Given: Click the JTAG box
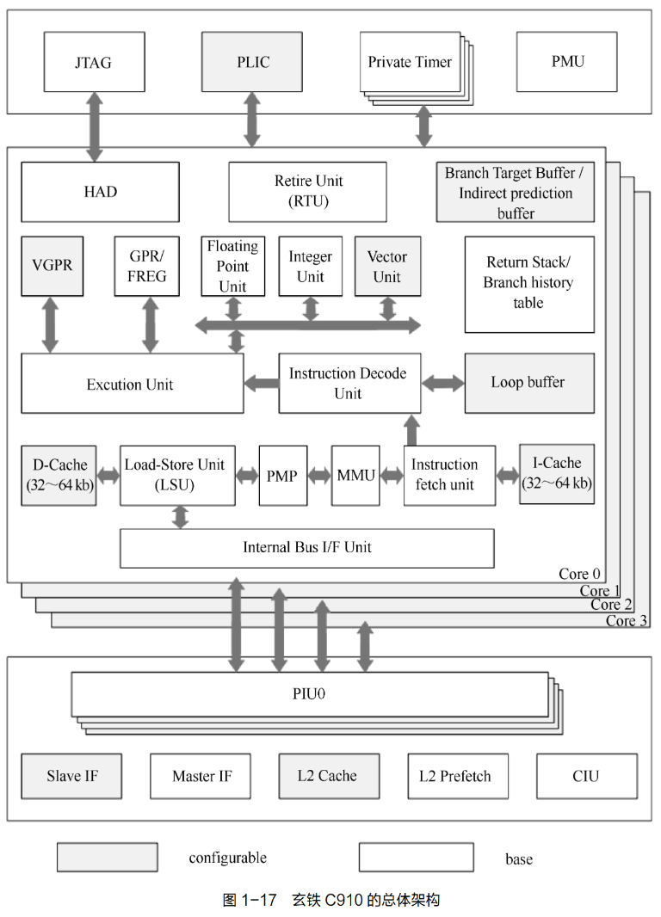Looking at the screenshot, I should tap(93, 63).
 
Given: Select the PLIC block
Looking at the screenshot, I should tap(252, 63).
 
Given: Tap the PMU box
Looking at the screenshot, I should tap(566, 62).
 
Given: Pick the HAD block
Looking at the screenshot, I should tap(100, 192).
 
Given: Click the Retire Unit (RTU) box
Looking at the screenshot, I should tap(308, 192).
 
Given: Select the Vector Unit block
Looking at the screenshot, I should tap(387, 267).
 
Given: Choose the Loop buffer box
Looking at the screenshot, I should tap(528, 383).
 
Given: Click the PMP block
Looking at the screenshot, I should tap(283, 476).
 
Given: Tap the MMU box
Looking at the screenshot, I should tap(355, 476).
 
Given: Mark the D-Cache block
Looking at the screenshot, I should tap(59, 475).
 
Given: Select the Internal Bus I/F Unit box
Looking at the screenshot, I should tap(306, 548).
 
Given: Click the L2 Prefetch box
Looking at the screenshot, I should tap(457, 776).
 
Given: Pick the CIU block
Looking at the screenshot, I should tap(586, 776).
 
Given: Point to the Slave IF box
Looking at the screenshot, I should tap(72, 776).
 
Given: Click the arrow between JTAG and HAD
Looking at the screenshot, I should tap(94, 127).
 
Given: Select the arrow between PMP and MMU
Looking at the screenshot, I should tap(319, 476).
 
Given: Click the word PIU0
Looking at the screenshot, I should tap(308, 694).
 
